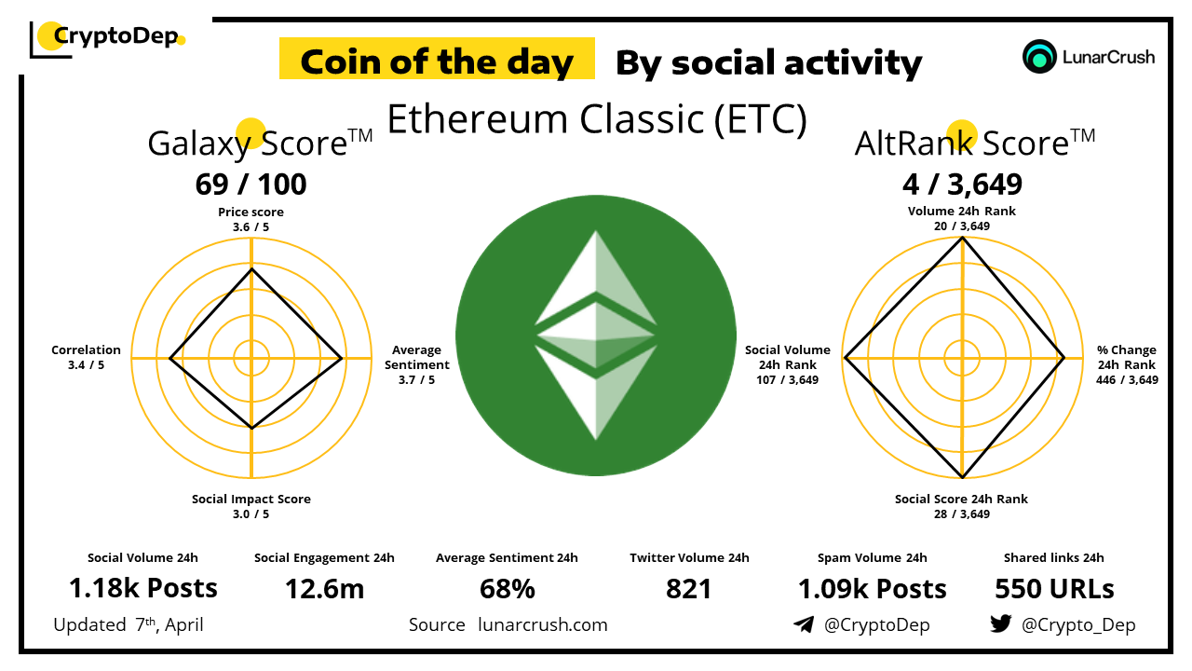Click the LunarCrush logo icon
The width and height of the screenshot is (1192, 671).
(x=1038, y=57)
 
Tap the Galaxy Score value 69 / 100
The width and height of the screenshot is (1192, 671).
(x=251, y=185)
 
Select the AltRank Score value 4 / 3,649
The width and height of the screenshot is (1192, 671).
(x=962, y=185)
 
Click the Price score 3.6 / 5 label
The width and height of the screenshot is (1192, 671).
(x=251, y=219)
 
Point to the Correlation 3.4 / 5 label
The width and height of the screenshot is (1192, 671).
(x=86, y=357)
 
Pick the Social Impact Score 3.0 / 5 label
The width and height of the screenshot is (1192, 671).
(x=251, y=506)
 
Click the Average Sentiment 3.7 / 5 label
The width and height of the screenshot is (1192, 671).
(x=416, y=364)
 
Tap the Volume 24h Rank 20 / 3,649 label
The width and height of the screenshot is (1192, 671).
(x=962, y=218)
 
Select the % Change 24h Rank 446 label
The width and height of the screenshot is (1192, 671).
(x=1127, y=364)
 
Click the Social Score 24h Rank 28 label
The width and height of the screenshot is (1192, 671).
(x=961, y=506)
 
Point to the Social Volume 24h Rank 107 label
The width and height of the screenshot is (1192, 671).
(x=788, y=364)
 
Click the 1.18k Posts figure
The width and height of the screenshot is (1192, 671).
(x=143, y=588)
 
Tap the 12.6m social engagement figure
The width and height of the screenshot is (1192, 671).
(x=325, y=589)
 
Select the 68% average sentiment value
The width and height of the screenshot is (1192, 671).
(x=508, y=589)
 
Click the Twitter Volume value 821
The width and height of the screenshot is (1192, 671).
(x=688, y=589)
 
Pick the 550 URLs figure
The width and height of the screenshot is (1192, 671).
(x=1054, y=589)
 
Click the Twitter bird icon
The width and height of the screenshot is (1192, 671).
(x=1001, y=623)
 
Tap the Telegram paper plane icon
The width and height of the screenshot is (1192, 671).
(x=804, y=624)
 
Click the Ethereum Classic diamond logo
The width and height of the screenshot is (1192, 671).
(x=596, y=335)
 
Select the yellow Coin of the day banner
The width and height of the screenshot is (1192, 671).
(x=437, y=59)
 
